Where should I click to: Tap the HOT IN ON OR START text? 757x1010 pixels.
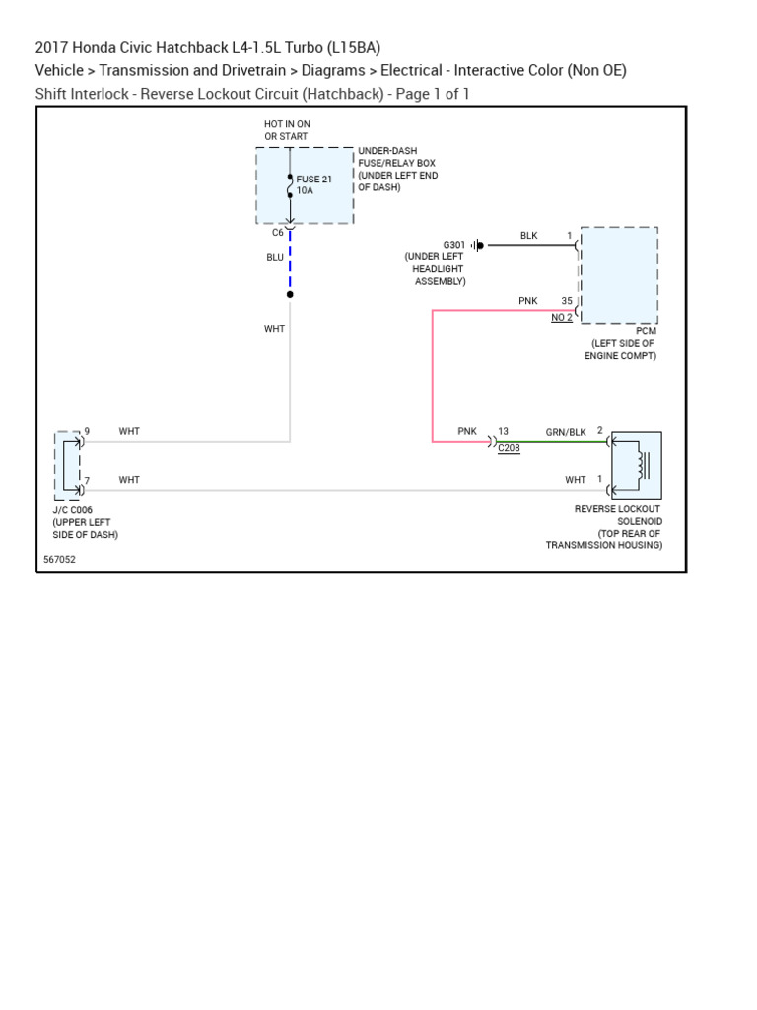point(287,130)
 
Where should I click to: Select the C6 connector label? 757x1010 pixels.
point(278,233)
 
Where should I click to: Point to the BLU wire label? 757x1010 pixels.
point(275,257)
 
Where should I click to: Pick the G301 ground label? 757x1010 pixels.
point(453,245)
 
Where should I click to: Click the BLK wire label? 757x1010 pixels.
point(529,236)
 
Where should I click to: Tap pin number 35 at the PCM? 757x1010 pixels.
point(567,301)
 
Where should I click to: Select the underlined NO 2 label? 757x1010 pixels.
point(562,317)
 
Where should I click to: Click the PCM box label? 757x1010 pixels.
point(646,331)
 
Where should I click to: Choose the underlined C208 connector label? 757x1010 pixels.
point(509,448)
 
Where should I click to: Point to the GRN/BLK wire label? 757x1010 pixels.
point(566,432)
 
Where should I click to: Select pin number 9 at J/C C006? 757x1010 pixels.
point(87,432)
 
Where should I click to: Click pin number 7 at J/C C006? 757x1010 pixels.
point(87,480)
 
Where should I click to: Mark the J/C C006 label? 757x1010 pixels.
point(73,510)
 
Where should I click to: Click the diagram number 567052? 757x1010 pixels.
point(59,559)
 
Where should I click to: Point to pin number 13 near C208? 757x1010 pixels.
point(503,432)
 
